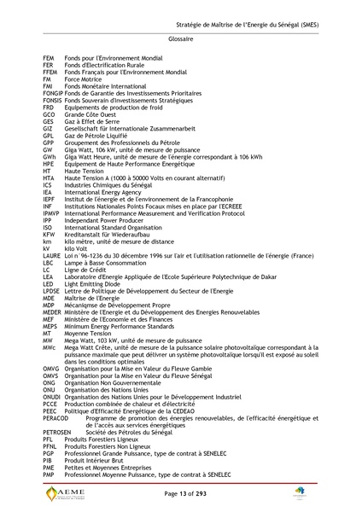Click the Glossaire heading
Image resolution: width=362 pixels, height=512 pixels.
[181, 39]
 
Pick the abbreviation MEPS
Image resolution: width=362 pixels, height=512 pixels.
[50, 327]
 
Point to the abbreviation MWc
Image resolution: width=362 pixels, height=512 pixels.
[49, 346]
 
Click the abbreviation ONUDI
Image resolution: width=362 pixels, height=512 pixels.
[51, 397]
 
